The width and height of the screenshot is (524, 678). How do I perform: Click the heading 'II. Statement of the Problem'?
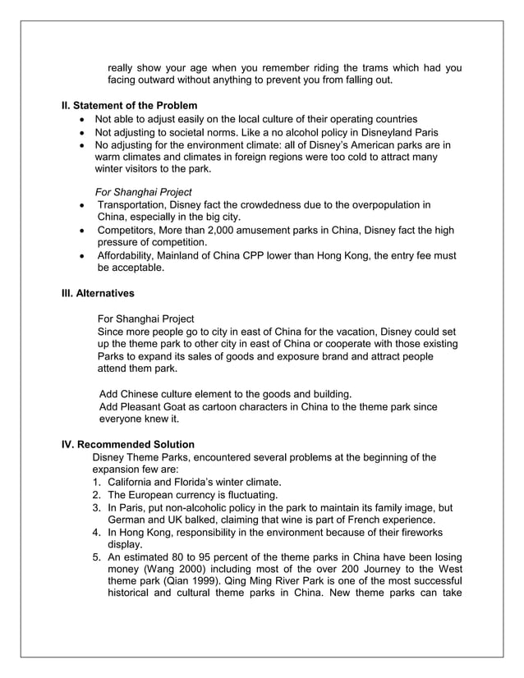(130, 106)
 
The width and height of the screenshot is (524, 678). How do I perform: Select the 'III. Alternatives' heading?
(99, 292)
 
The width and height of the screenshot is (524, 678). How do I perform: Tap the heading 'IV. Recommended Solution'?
(128, 445)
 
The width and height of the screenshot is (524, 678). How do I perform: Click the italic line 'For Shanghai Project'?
(145, 191)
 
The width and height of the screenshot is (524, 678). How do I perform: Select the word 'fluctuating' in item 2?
(251, 495)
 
